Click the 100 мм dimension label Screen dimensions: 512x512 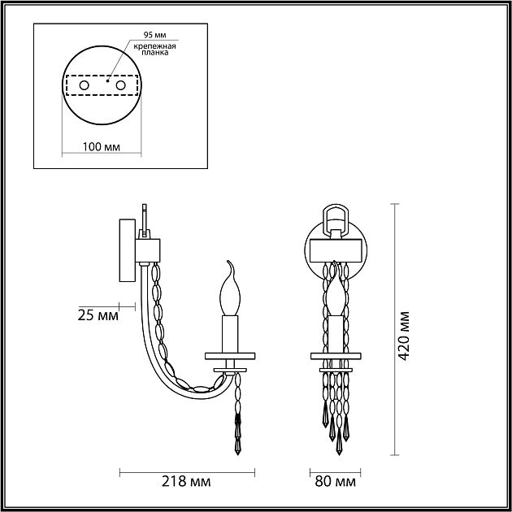[102, 147]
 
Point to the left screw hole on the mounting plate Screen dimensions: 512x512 [84, 85]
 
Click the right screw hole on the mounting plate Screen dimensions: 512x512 [120, 85]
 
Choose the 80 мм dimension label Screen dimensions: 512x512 [334, 482]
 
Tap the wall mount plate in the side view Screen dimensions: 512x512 [127, 250]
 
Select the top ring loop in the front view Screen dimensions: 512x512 [334, 218]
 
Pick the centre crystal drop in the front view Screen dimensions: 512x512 [334, 443]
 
